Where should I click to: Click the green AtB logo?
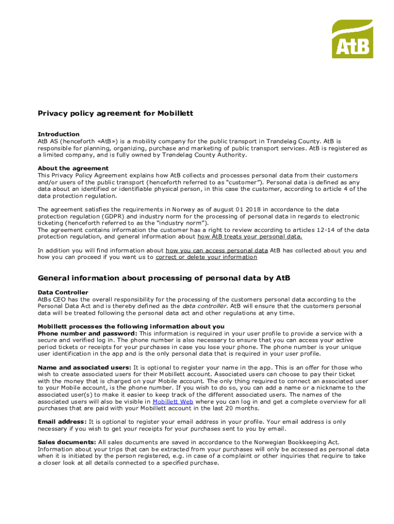point(353,39)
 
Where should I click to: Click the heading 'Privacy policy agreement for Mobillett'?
point(115,113)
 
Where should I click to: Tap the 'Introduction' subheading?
point(58,134)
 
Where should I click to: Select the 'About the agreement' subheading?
point(73,168)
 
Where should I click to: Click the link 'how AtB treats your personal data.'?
point(250,237)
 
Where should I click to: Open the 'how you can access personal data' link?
point(217,251)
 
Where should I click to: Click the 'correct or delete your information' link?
point(206,257)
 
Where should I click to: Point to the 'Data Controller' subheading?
point(63,293)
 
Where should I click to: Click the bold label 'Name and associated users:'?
point(84,367)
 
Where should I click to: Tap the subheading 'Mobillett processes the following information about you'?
point(131,326)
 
